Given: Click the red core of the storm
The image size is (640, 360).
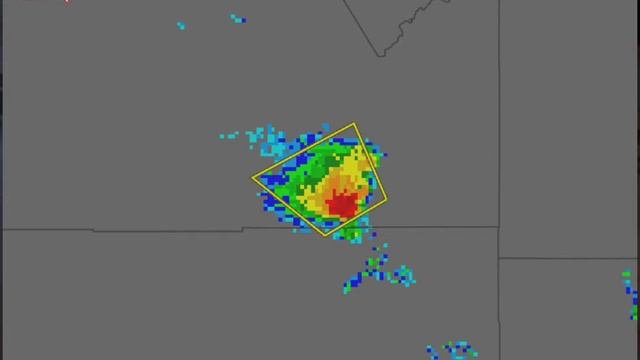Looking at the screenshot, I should click(x=343, y=204).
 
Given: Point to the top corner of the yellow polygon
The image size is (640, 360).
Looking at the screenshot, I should click(x=355, y=124).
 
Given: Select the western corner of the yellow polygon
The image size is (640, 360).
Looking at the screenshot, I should click(x=252, y=179).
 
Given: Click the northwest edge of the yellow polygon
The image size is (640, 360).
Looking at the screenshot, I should click(x=302, y=152).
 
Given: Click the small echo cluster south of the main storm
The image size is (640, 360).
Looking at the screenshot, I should click(x=377, y=270).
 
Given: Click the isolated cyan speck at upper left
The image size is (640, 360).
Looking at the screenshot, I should click(x=180, y=25).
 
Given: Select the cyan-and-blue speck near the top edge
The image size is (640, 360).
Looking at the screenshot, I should click(x=238, y=18).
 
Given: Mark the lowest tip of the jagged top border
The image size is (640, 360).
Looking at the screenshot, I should click(x=380, y=55).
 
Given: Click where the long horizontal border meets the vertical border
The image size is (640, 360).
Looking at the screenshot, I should click(x=499, y=227).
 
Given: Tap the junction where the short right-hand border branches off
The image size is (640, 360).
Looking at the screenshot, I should click(x=499, y=259).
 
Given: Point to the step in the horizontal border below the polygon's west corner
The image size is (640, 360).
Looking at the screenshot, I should click(x=243, y=229).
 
